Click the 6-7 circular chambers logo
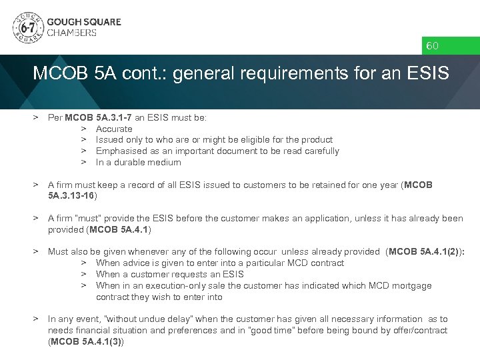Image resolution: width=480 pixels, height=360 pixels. coord(27,29)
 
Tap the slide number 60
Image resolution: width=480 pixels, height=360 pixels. coord(433,46)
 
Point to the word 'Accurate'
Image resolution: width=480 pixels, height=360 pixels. coord(114,129)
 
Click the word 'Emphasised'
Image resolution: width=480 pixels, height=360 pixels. coord(119,151)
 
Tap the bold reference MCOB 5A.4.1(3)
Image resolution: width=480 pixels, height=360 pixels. coord(86,342)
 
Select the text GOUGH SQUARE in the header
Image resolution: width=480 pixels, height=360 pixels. coord(83,22)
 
